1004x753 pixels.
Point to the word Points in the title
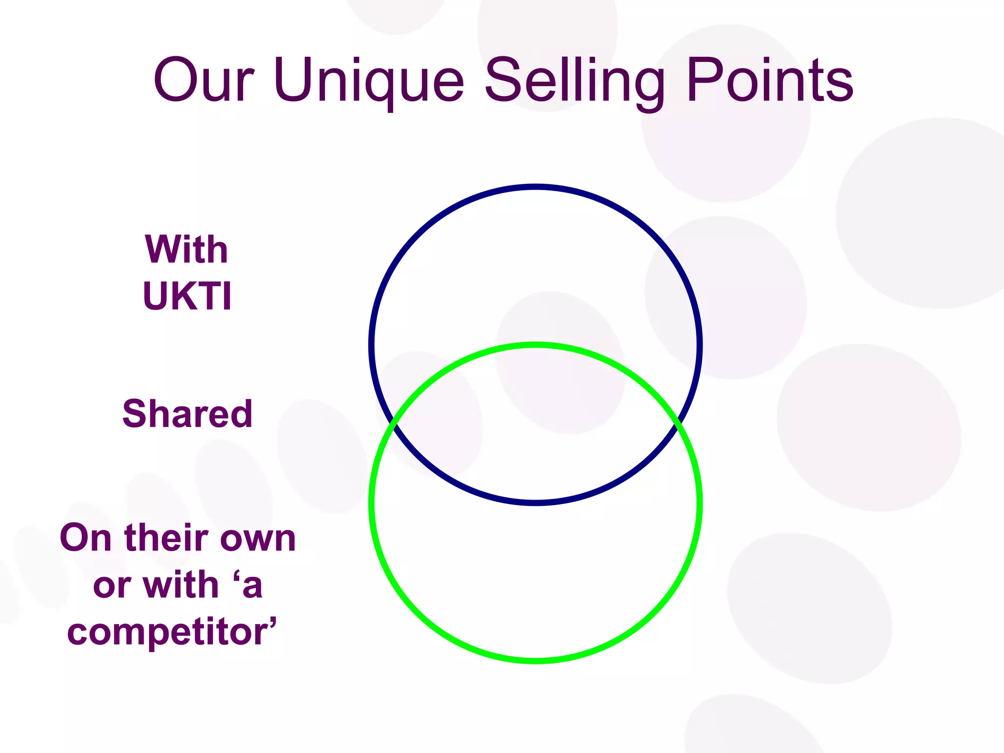pos(770,80)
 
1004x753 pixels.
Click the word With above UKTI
pos(187,250)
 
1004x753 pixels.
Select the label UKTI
pos(187,296)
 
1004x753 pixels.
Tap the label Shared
pos(187,414)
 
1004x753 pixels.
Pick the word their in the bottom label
pos(167,538)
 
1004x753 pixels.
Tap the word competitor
pos(169,632)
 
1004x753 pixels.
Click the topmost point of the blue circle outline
pos(535,187)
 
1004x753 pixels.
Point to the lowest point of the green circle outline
pos(535,661)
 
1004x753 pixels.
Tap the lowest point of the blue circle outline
pos(535,502)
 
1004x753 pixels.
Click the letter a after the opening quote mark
pos(252,586)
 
